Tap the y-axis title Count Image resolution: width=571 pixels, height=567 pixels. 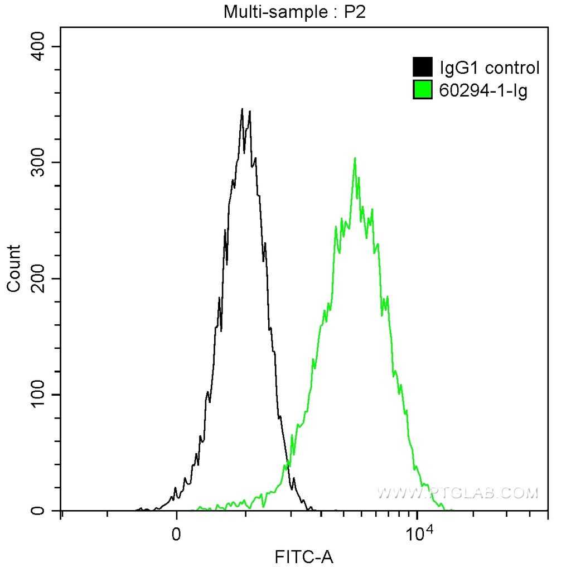pos(13,268)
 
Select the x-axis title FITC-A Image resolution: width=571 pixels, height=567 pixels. pos(304,556)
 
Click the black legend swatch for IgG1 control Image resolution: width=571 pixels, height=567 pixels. pos(423,68)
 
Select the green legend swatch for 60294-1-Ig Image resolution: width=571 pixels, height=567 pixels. pos(423,89)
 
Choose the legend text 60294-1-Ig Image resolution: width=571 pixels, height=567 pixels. pos(483,90)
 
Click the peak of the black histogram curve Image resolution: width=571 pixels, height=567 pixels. pos(242,109)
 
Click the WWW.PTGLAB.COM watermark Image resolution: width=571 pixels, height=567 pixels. pos(457,493)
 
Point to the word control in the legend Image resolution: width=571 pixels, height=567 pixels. pos(512,68)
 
